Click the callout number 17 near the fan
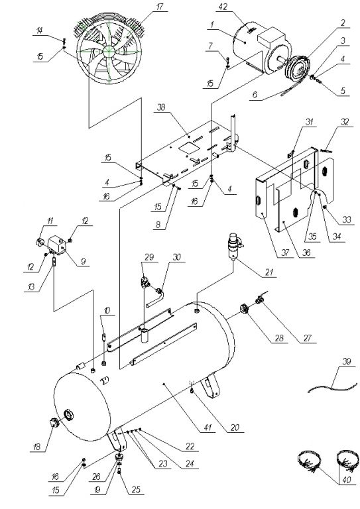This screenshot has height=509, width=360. (160, 7)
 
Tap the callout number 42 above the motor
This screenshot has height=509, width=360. (223, 7)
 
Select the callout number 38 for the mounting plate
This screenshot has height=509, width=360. (161, 107)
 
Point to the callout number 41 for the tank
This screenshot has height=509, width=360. (208, 427)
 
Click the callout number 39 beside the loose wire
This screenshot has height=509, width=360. (346, 361)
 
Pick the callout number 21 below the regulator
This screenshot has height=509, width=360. (269, 272)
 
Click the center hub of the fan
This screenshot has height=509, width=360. (109, 50)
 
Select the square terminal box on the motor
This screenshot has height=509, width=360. (271, 37)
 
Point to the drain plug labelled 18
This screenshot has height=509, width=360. (53, 424)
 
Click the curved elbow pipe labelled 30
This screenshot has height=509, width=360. (156, 298)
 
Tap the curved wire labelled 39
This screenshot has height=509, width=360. (331, 387)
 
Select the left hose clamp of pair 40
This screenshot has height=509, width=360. (308, 461)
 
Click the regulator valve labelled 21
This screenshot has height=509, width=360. (235, 246)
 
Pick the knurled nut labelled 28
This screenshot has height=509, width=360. (244, 309)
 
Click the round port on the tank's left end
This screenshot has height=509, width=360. (68, 415)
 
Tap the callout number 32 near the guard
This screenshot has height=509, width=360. (344, 122)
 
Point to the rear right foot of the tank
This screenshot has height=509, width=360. (210, 386)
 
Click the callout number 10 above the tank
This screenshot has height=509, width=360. (107, 311)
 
